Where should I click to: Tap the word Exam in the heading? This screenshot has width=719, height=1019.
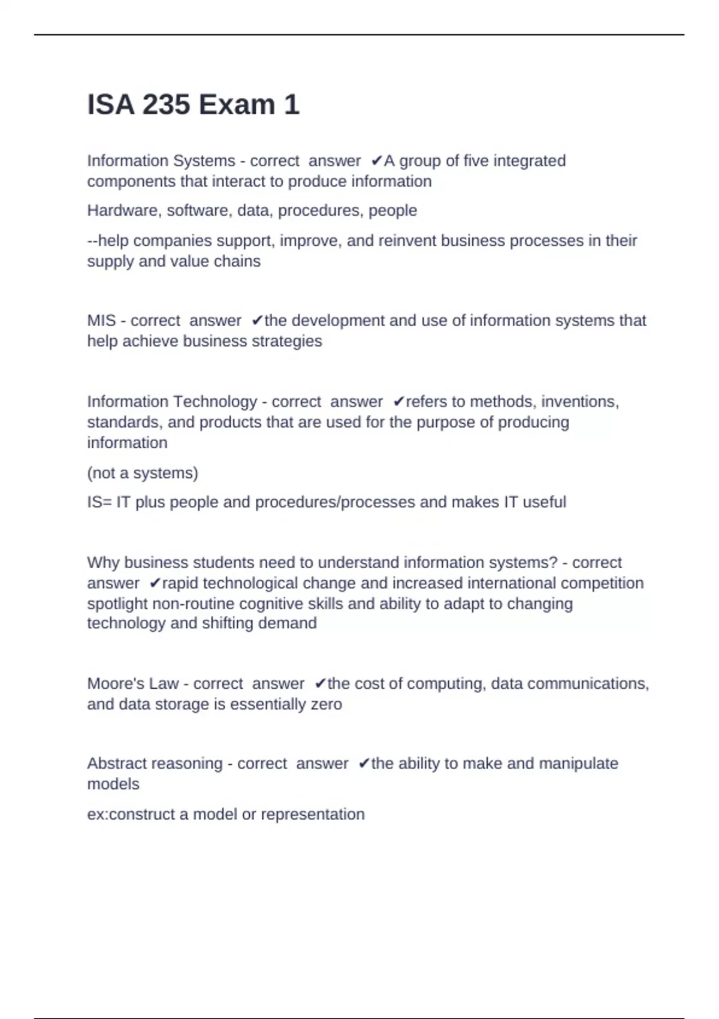(x=237, y=105)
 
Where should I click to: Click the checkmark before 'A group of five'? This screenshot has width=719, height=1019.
(x=376, y=161)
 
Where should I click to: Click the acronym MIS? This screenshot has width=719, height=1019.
(x=101, y=321)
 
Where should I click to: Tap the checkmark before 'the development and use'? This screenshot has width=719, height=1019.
(x=257, y=321)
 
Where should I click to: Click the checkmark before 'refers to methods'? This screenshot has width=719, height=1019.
(x=398, y=402)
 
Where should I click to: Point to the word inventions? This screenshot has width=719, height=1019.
(x=579, y=402)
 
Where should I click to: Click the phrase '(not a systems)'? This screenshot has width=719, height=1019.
(x=143, y=473)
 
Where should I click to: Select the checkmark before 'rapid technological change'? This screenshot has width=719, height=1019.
(x=155, y=583)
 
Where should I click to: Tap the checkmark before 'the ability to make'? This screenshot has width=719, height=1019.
(x=364, y=763)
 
